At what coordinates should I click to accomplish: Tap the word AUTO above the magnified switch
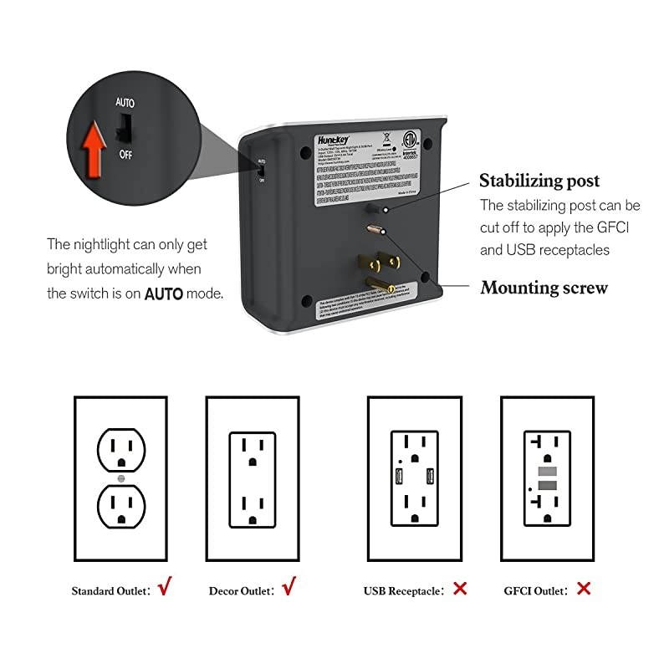[125, 102]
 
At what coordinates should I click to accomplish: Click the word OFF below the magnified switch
[125, 155]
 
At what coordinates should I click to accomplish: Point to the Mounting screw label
[544, 288]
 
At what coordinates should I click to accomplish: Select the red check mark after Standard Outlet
[164, 588]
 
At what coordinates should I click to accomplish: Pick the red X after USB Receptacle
[459, 589]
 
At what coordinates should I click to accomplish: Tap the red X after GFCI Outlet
[584, 589]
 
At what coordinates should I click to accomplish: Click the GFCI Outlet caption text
[534, 590]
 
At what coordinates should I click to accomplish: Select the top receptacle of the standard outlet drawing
[121, 452]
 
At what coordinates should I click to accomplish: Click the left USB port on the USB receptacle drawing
[399, 478]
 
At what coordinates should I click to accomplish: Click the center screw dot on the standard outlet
[121, 479]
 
